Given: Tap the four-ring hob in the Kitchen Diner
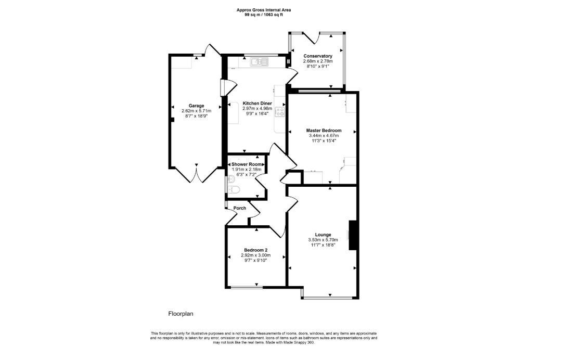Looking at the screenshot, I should click(x=280, y=111).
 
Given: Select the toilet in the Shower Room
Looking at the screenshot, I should click(x=233, y=191).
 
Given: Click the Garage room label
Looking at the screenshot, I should click(x=196, y=106).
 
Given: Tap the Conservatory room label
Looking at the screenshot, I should click(x=318, y=56).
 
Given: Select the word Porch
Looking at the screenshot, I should click(x=240, y=208).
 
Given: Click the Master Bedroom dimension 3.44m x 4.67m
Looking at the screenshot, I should click(x=324, y=135).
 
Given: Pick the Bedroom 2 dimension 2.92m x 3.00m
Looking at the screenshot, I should click(x=255, y=255).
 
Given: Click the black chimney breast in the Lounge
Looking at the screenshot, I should click(x=353, y=235).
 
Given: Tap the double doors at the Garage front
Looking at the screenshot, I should click(x=196, y=174).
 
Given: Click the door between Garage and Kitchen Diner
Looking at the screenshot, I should click(x=222, y=88).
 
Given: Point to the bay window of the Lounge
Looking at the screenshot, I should click(x=329, y=298).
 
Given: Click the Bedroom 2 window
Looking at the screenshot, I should click(x=247, y=287).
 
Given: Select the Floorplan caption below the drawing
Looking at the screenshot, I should click(x=181, y=314).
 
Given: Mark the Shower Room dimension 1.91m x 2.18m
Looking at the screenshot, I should click(x=248, y=170).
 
